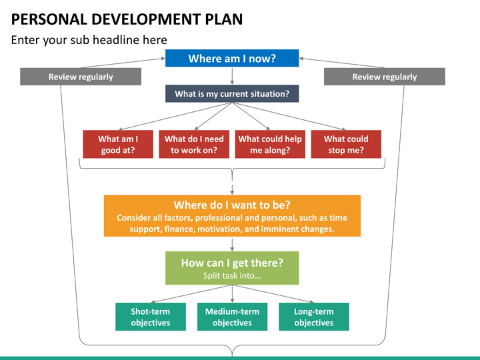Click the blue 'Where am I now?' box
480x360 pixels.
(232, 58)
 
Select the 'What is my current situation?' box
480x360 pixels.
(232, 94)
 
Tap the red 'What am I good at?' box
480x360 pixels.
(118, 144)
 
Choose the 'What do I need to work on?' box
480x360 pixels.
(194, 144)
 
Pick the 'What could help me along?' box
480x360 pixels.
(270, 144)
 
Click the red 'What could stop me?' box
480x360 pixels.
(346, 144)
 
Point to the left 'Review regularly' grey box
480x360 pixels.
(81, 77)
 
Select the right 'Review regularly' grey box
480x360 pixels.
(385, 77)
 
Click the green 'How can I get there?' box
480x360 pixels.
(232, 268)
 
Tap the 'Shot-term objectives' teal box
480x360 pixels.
(151, 317)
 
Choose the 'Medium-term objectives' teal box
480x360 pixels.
(233, 317)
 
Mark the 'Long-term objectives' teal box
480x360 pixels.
(314, 317)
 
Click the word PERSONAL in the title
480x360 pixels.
(49, 19)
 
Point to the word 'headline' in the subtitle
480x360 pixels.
(116, 40)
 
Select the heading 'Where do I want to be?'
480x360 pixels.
(232, 205)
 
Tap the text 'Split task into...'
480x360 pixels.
(232, 275)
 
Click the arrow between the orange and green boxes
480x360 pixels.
(232, 244)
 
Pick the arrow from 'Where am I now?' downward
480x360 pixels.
(232, 76)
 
